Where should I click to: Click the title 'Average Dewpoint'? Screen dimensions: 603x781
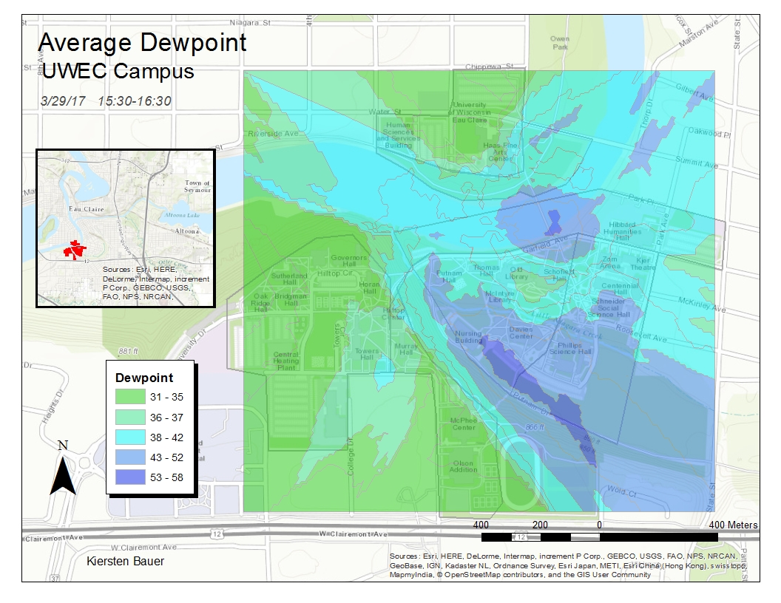click(x=142, y=42)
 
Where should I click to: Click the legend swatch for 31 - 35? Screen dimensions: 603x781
click(x=130, y=397)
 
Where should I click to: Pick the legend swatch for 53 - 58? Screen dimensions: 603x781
click(x=130, y=477)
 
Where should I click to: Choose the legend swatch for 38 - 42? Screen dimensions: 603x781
click(x=130, y=437)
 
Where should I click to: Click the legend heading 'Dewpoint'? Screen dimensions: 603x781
click(x=144, y=378)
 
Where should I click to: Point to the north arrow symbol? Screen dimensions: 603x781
click(x=63, y=473)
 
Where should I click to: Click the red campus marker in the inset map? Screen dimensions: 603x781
click(x=73, y=249)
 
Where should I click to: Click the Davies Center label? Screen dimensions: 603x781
click(x=521, y=332)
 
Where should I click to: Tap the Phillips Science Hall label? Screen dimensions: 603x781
click(x=575, y=348)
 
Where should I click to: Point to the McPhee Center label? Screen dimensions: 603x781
click(x=464, y=423)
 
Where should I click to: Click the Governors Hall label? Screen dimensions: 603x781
click(x=348, y=261)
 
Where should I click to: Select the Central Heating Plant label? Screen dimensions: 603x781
click(x=286, y=361)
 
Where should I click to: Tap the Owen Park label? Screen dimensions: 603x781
click(x=560, y=42)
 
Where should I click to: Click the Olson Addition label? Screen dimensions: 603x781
click(x=464, y=466)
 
